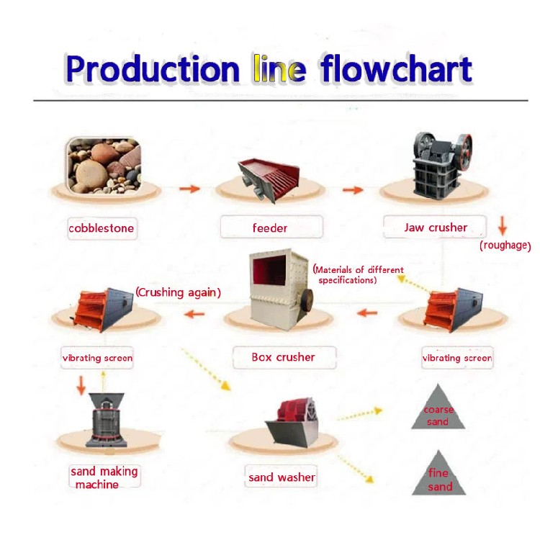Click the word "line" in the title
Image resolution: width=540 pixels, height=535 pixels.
point(279,69)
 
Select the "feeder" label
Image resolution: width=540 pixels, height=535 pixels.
point(270,228)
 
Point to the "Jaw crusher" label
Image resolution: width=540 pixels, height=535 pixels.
point(435,228)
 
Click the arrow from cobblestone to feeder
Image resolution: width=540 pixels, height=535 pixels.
point(189,189)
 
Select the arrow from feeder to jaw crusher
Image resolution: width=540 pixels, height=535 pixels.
point(353,190)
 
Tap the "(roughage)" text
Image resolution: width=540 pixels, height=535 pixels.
point(505,246)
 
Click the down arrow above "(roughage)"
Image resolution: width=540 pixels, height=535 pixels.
point(503,228)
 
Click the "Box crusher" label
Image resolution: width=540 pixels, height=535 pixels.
point(283,356)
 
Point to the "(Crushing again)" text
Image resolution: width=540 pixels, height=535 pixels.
point(178,292)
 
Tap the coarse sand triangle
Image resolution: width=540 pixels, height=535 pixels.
point(438,410)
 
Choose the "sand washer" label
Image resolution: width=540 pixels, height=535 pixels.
point(282,477)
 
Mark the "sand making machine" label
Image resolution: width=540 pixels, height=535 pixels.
point(103,477)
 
